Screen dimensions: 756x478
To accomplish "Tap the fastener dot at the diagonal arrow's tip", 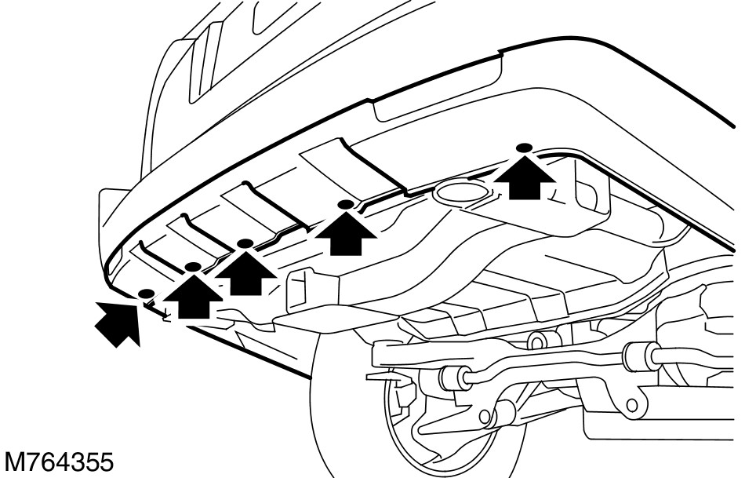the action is tap(144, 294).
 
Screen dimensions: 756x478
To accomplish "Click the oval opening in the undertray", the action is tap(460, 191).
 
